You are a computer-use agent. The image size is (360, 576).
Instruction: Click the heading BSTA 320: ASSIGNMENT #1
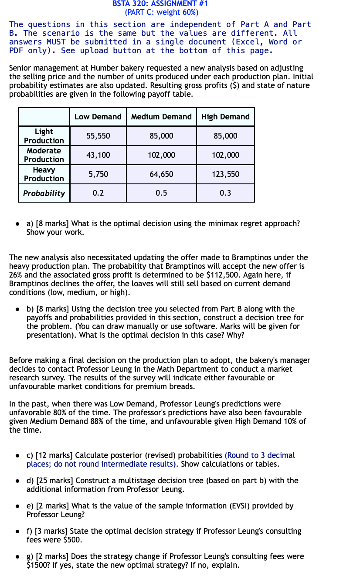160,4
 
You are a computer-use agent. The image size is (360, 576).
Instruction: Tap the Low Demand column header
98,117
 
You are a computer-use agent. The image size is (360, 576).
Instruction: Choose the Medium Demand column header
161,117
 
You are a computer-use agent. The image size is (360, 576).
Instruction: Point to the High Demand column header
225,117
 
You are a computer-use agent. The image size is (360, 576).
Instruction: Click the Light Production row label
44,136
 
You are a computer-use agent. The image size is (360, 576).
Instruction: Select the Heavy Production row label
44,174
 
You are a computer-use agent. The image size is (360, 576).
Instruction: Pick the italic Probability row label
44,193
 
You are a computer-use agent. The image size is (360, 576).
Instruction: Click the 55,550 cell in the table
98,136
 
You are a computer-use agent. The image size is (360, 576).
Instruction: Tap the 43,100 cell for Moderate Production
98,155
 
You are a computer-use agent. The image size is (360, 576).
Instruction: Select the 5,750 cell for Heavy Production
98,174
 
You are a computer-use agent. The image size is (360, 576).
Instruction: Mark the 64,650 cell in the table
161,174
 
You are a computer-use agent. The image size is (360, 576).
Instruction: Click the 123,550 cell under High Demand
225,174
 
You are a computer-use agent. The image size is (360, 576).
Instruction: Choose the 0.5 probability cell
161,193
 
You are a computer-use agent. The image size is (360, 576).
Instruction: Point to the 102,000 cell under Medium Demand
161,155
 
